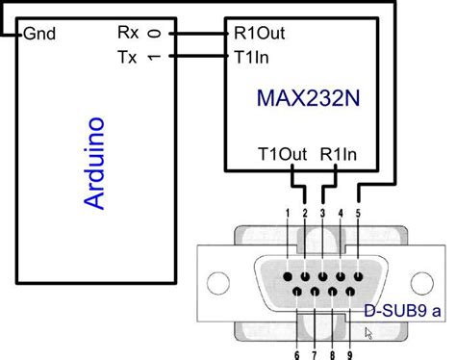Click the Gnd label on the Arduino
coord(38,34)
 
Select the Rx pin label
coord(128,33)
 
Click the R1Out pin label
coord(259,33)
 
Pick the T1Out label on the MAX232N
coord(282,153)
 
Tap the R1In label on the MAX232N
coord(341,153)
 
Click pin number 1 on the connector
coord(287,212)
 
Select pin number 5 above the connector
coord(358,212)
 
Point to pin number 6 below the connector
coord(295,353)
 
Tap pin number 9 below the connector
coord(348,353)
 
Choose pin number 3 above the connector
coord(322,212)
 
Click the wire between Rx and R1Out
coord(196,33)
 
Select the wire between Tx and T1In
coord(196,56)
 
